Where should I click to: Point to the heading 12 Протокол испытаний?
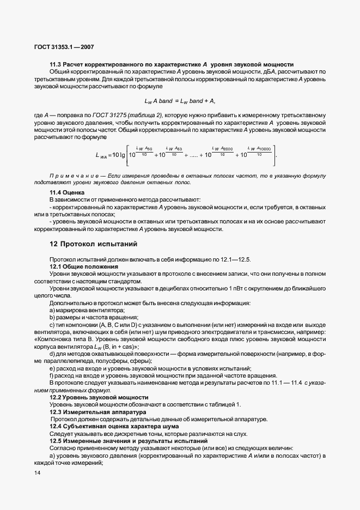[x=94, y=244]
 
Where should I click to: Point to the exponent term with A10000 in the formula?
[x=260, y=148]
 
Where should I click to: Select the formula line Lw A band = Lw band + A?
[x=180, y=101]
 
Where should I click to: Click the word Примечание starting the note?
[x=76, y=177]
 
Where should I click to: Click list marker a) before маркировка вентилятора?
[x=52, y=310]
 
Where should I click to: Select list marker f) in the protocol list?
[x=52, y=376]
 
